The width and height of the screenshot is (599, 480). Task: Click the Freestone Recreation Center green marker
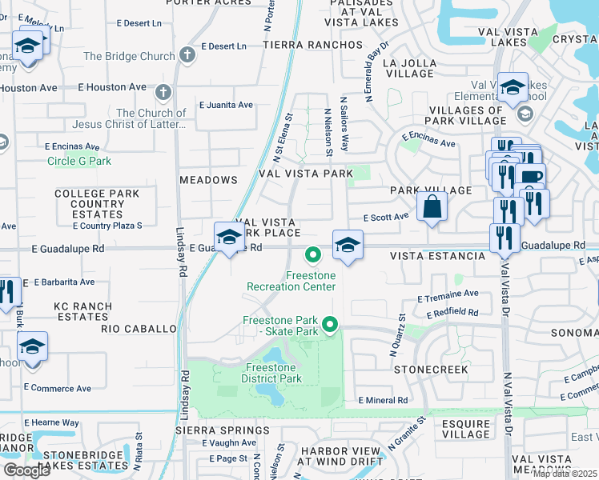[312, 256]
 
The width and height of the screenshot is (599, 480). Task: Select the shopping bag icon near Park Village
[432, 207]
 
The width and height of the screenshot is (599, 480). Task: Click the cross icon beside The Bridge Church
[187, 56]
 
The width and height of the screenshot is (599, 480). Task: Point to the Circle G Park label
[79, 161]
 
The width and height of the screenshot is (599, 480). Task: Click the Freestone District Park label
[271, 373]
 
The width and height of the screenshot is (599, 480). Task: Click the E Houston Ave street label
[112, 87]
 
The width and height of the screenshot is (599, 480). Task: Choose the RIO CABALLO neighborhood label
[139, 329]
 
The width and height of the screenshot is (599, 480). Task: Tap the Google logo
[26, 470]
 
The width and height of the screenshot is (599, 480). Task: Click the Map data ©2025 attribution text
[565, 474]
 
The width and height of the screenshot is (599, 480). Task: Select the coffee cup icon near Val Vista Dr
[529, 176]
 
